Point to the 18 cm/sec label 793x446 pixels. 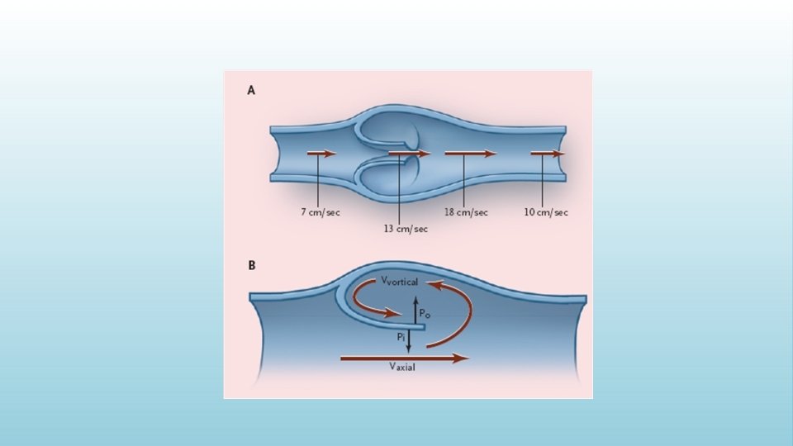(x=467, y=212)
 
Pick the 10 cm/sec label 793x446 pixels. (x=546, y=212)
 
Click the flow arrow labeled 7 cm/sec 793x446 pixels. (x=322, y=154)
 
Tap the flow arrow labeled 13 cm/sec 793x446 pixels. (x=409, y=154)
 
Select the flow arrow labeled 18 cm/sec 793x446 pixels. (x=470, y=154)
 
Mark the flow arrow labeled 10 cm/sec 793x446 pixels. (x=547, y=154)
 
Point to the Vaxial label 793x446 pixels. (x=402, y=368)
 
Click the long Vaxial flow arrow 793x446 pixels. (x=405, y=358)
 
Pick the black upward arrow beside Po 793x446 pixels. (x=415, y=310)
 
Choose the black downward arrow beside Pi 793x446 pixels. (x=409, y=340)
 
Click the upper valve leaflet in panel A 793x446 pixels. (x=392, y=132)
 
